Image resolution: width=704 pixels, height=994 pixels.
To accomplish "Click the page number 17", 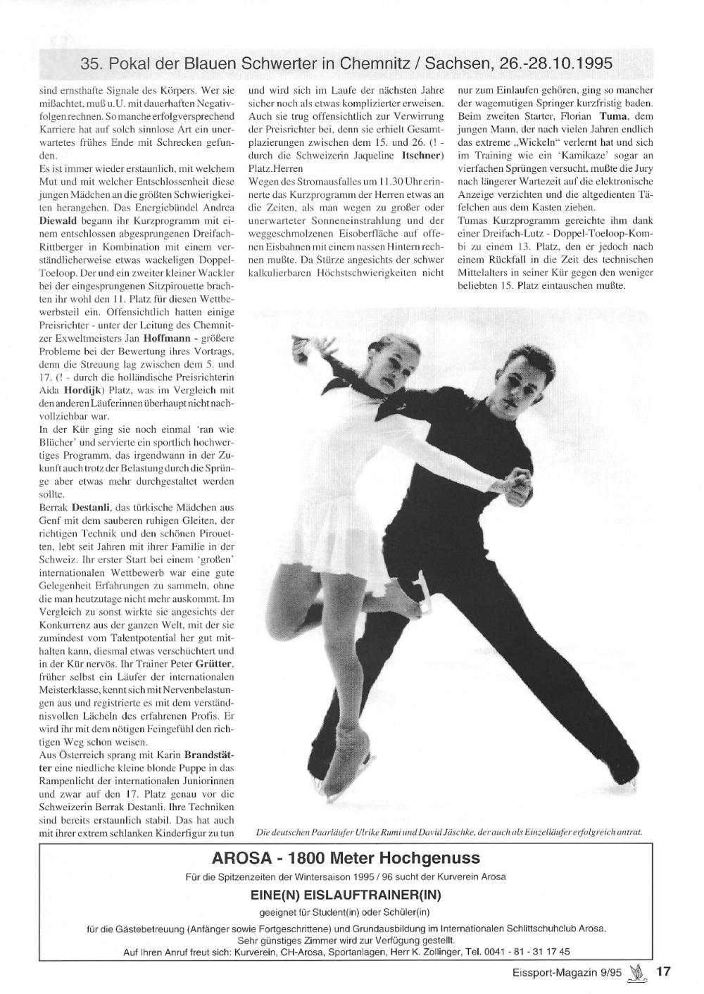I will click(663, 972).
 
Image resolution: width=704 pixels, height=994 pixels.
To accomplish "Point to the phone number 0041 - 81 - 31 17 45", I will click(527, 952).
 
